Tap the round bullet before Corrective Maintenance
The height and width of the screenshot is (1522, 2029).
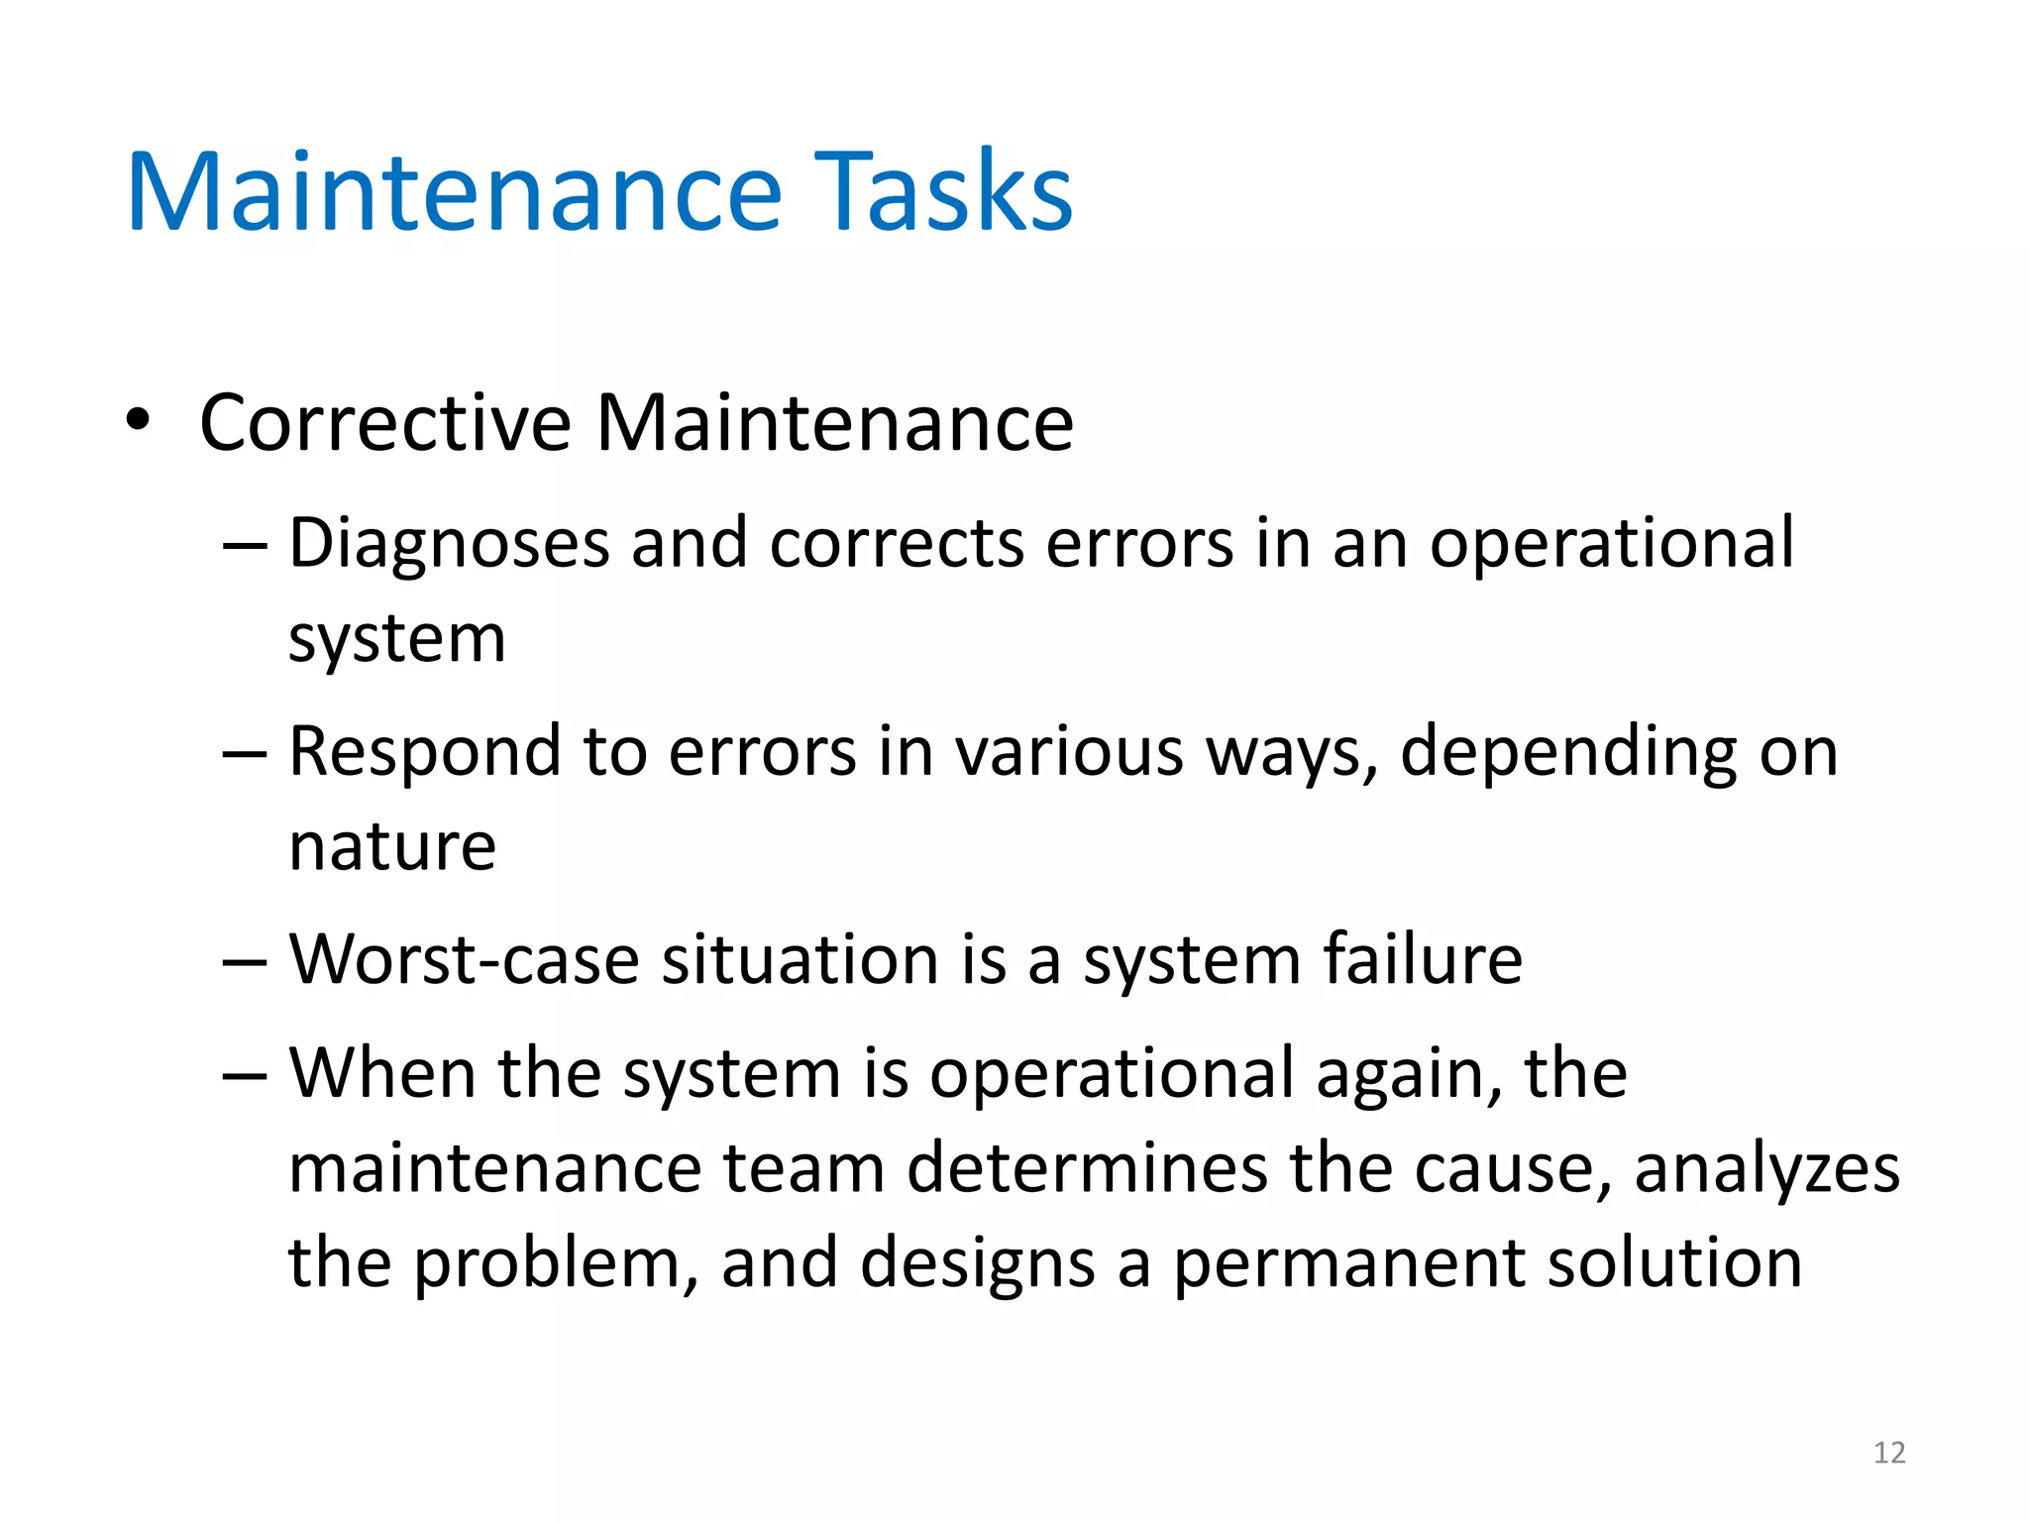click(138, 420)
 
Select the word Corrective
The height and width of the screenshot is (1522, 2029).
click(385, 423)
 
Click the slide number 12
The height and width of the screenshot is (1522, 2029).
click(1889, 1453)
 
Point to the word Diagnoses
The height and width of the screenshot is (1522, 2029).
click(449, 544)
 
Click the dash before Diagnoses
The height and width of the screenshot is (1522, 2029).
click(245, 546)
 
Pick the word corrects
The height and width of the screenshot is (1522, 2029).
click(897, 544)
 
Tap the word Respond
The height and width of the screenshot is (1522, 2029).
click(425, 752)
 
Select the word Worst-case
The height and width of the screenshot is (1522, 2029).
click(464, 960)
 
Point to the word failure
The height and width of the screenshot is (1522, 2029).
click(1423, 960)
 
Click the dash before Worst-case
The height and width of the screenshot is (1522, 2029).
click(245, 962)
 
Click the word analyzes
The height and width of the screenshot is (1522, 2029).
click(1766, 1170)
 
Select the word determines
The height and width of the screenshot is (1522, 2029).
click(1087, 1168)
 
